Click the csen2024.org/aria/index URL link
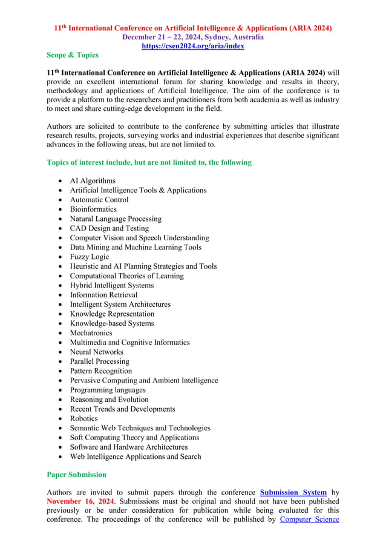click(x=192, y=45)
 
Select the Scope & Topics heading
click(x=73, y=55)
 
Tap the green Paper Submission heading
click(x=76, y=475)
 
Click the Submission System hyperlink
click(x=293, y=493)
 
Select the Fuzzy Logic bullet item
click(x=90, y=257)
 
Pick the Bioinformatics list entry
click(x=93, y=209)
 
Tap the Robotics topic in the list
click(x=83, y=418)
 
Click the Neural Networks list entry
click(x=96, y=352)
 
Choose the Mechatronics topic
click(x=91, y=333)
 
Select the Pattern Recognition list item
click(x=100, y=371)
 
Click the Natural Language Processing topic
click(x=116, y=219)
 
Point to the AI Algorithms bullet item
click(x=93, y=180)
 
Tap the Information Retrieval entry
click(x=103, y=295)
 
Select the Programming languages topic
click(x=108, y=390)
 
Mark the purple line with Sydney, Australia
click(x=192, y=37)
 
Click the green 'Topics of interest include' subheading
click(x=149, y=163)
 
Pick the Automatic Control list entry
click(x=99, y=200)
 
